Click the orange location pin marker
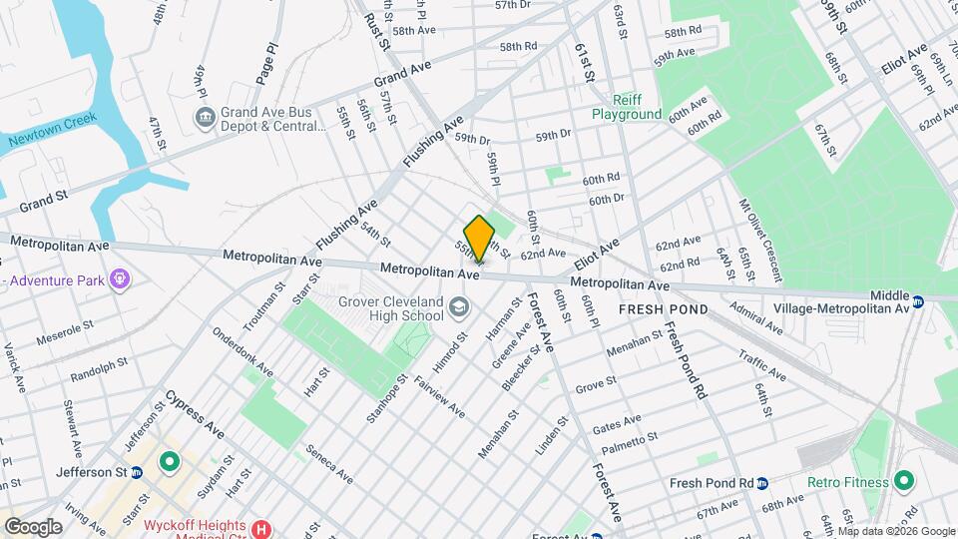tap(479, 238)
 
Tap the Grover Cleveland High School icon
tap(458, 305)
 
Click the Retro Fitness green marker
tap(905, 482)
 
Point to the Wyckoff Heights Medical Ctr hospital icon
tap(262, 529)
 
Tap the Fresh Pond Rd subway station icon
tap(762, 483)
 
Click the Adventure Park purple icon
tap(120, 277)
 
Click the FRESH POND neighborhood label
tap(664, 309)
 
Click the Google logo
tap(33, 526)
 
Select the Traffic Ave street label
tap(763, 365)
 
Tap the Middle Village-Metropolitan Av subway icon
tap(919, 296)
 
